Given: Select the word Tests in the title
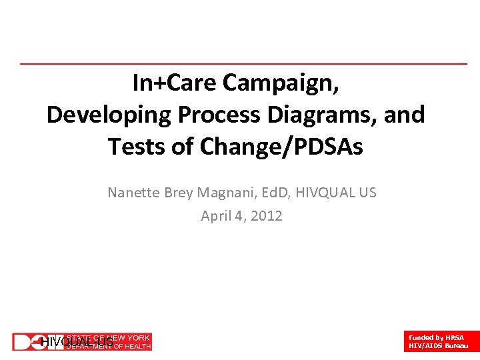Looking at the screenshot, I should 136,146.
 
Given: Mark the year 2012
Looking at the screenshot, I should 267,216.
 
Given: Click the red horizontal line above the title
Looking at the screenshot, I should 243,64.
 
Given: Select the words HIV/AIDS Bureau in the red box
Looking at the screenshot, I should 438,346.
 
